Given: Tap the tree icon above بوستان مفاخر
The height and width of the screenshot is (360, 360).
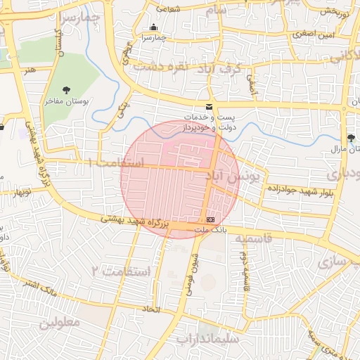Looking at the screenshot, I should pyautogui.click(x=66, y=89).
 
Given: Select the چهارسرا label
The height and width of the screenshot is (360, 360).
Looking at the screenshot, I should pyautogui.click(x=153, y=38).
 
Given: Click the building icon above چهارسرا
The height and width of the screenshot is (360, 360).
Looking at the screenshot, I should pyautogui.click(x=153, y=27).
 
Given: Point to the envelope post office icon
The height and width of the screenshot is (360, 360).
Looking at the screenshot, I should pyautogui.click(x=209, y=105).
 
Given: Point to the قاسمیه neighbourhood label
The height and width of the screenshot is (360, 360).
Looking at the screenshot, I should pyautogui.click(x=262, y=240).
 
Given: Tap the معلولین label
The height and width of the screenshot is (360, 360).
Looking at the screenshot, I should pyautogui.click(x=59, y=322).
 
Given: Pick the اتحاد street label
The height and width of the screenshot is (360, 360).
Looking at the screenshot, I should pyautogui.click(x=151, y=309).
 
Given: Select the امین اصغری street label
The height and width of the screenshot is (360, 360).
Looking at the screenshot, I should pyautogui.click(x=314, y=34).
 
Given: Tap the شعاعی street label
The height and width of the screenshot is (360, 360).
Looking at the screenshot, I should pyautogui.click(x=166, y=9).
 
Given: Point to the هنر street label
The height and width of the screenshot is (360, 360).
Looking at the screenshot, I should pyautogui.click(x=28, y=70).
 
